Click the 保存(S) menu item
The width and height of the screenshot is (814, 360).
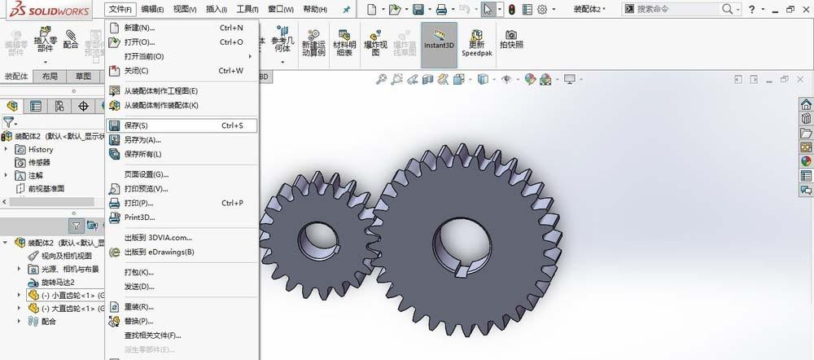coord(136,126)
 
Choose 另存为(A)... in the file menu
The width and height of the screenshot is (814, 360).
coord(142,140)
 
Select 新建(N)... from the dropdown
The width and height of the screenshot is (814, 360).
coord(139,28)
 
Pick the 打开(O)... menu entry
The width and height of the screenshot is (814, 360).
coord(139,42)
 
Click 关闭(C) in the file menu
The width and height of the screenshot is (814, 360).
coord(136,71)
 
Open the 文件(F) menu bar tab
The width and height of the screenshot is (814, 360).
coord(120,9)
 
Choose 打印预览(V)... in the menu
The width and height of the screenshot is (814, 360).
coord(146,189)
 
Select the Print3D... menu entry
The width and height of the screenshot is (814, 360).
coord(139,217)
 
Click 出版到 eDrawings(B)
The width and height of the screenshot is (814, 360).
coord(159,252)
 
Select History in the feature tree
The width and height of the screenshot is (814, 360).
coord(40,150)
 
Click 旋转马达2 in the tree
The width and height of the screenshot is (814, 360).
coord(58,282)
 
